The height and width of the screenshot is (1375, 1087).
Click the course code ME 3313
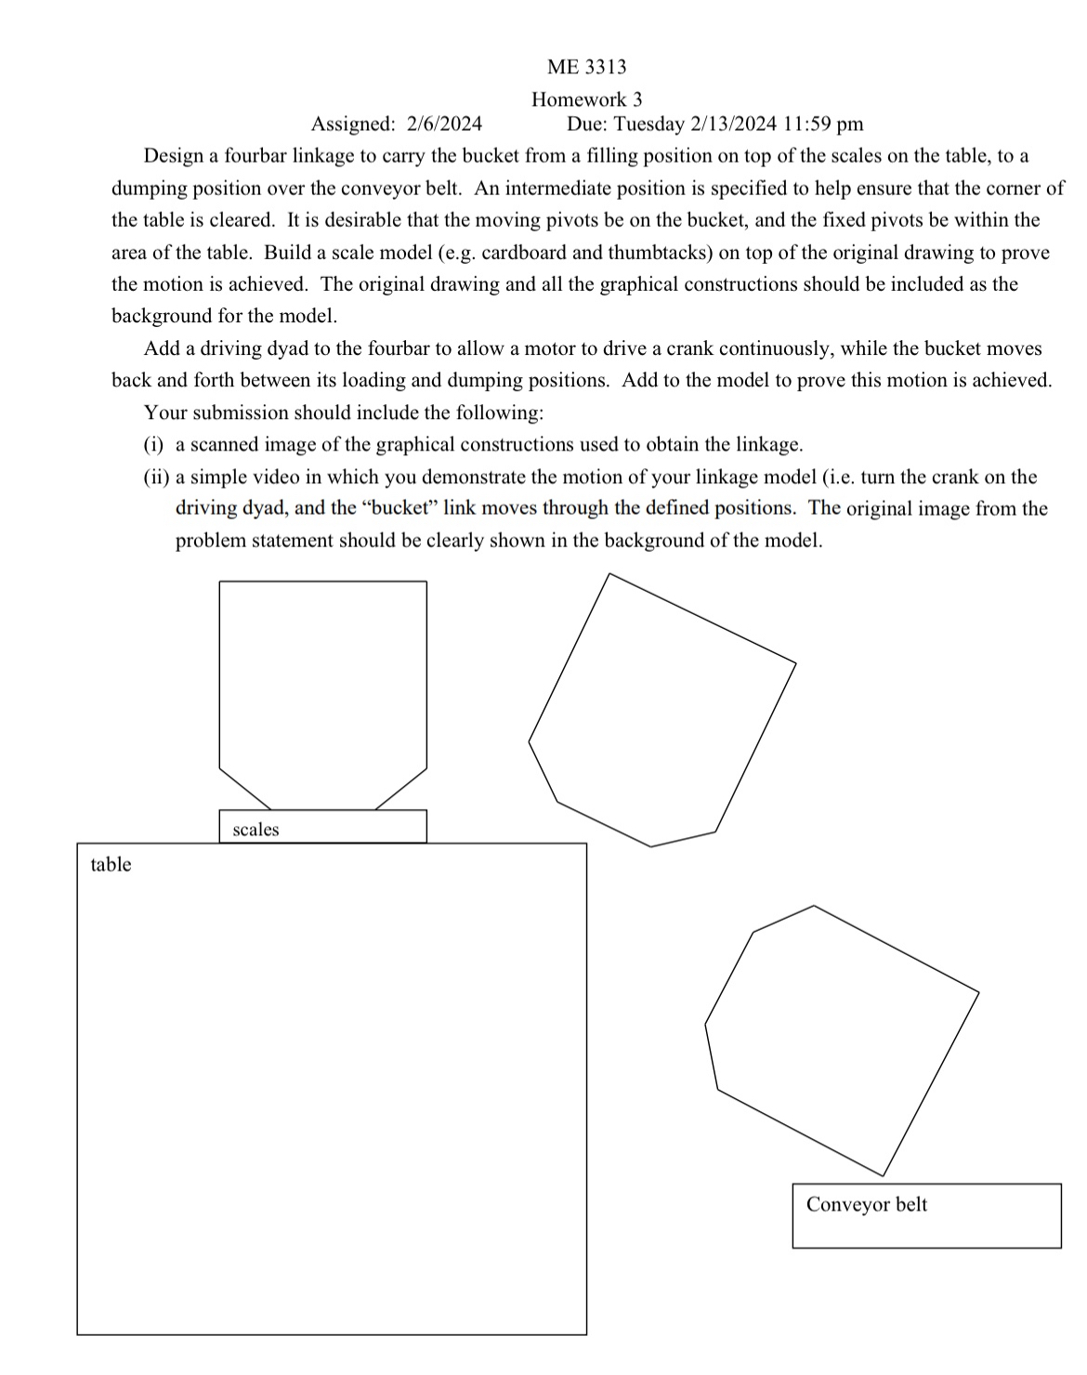click(x=586, y=67)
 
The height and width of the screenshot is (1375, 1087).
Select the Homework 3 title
click(x=586, y=99)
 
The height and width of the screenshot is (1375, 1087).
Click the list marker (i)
click(x=155, y=445)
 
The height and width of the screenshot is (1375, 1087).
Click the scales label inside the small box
click(x=255, y=830)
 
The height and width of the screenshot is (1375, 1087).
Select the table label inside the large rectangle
click(x=111, y=865)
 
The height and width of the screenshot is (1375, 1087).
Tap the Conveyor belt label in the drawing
click(x=866, y=1205)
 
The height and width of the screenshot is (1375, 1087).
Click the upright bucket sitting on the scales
click(x=322, y=687)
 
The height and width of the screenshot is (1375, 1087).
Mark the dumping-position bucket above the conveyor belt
click(x=841, y=1036)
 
